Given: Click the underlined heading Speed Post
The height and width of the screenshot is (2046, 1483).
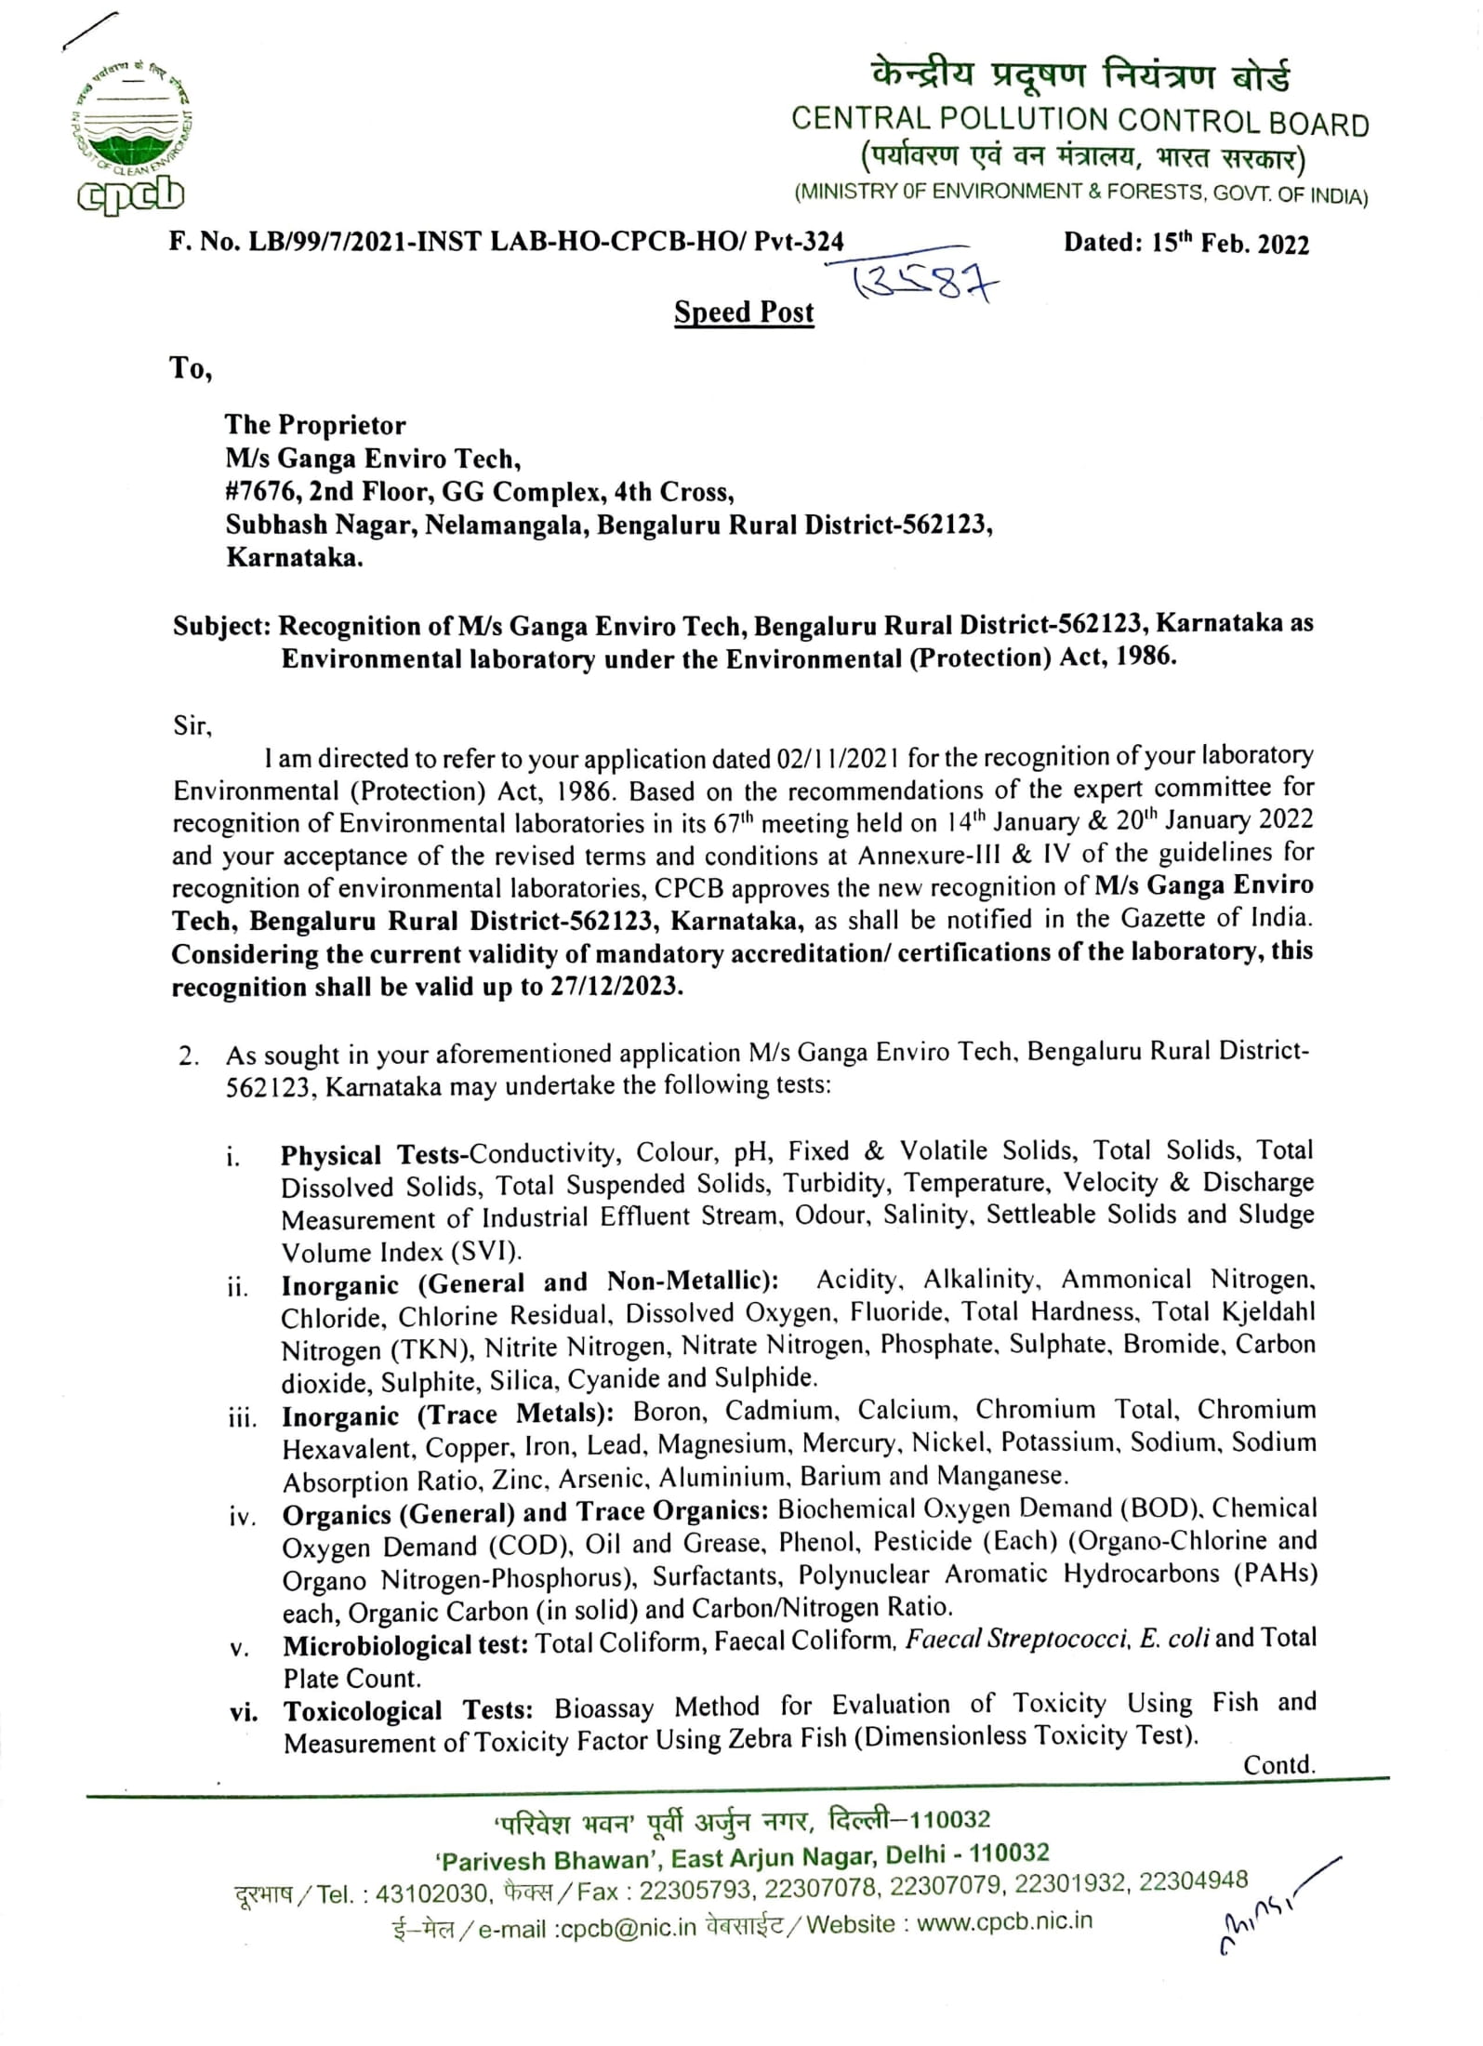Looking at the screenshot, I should pyautogui.click(x=743, y=312).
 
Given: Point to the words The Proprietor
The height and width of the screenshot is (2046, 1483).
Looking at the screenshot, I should pyautogui.click(x=315, y=425).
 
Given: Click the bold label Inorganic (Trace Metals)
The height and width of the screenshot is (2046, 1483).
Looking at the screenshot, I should pyautogui.click(x=447, y=1415).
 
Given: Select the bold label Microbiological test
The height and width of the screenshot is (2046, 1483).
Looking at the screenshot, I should pyautogui.click(x=405, y=1645).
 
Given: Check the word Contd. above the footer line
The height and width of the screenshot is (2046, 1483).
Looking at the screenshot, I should pyautogui.click(x=1278, y=1764).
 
